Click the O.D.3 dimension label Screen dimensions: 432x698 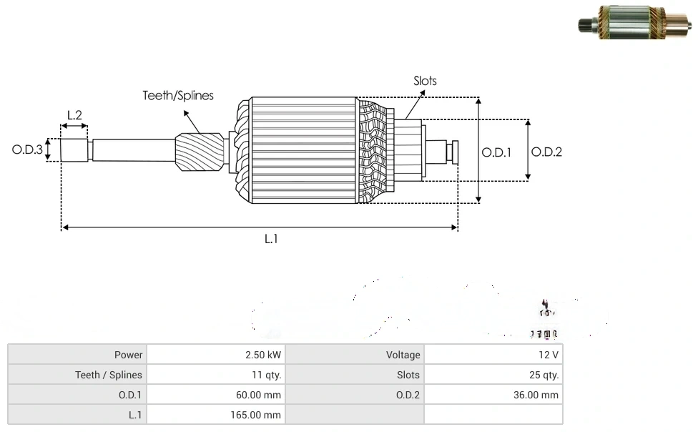point(27,150)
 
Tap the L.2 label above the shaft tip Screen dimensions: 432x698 point(74,114)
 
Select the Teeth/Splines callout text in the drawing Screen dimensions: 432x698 point(178,95)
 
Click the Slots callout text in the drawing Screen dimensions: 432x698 point(425,81)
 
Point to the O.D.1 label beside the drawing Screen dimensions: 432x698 point(496,152)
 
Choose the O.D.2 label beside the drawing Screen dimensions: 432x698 point(546,152)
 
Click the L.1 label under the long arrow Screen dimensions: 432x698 point(271,240)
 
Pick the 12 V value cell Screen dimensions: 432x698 point(549,355)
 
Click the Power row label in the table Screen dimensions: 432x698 point(129,355)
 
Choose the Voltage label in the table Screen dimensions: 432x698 point(403,355)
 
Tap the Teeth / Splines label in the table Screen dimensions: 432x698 point(109,375)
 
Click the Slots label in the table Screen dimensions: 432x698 point(408,375)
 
